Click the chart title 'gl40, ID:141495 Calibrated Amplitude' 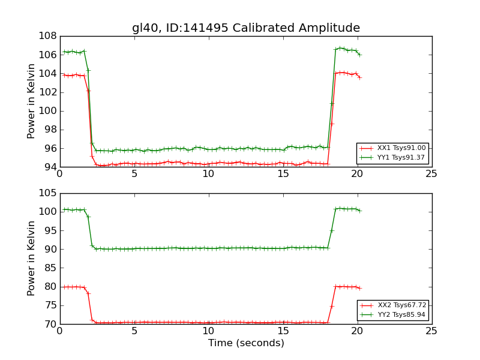tap(246, 28)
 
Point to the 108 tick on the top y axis tap(47, 36)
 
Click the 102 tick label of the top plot tap(47, 92)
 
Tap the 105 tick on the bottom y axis tap(47, 193)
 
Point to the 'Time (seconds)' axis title tap(246, 343)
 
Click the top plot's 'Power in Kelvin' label tap(32, 101)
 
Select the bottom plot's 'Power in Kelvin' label tap(32, 259)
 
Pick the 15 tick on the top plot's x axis tap(283, 174)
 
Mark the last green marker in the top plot tap(359, 55)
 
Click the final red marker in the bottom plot tap(359, 288)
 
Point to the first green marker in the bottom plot tap(64, 209)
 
